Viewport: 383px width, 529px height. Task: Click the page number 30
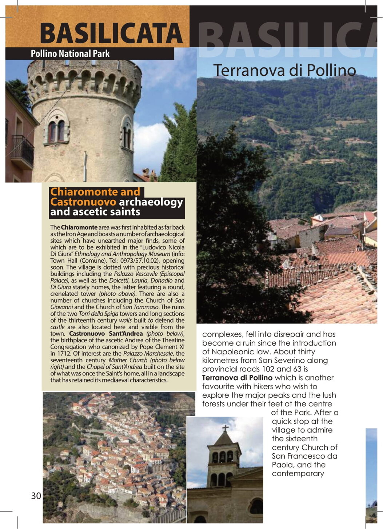36,496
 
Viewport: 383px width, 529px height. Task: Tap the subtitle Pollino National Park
70,54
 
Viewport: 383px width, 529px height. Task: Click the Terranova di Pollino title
284,70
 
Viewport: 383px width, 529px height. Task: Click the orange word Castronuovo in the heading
83,202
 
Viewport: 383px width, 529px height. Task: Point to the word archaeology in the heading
151,202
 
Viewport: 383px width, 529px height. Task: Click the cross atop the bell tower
226,428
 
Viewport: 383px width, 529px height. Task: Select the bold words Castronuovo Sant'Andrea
106,334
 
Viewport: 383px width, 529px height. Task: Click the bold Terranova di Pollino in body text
237,378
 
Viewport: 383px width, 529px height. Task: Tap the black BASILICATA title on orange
111,33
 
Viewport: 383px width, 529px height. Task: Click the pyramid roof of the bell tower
224,438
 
